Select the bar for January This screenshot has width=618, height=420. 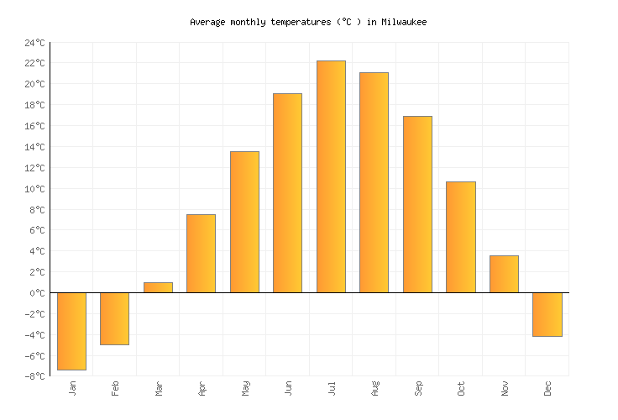click(x=71, y=331)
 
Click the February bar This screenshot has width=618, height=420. click(x=114, y=318)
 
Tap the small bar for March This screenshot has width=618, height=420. click(x=158, y=287)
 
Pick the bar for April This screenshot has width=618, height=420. click(x=201, y=254)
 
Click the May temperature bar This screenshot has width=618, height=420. click(x=244, y=222)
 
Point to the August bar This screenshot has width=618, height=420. click(x=374, y=182)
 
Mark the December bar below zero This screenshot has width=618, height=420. click(x=547, y=314)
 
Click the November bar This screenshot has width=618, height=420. click(x=504, y=274)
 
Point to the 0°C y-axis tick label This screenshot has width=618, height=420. click(x=38, y=293)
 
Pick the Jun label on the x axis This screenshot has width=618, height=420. click(x=288, y=388)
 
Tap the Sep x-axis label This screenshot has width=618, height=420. click(x=417, y=388)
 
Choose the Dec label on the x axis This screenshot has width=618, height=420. click(x=547, y=388)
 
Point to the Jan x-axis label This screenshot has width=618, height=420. click(x=72, y=388)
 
